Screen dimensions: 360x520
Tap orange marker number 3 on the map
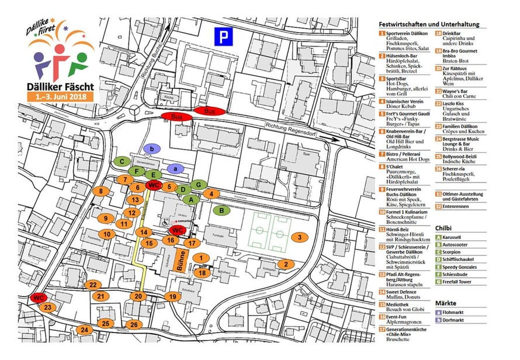[x=299, y=237]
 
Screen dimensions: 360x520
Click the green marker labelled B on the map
[x=221, y=210]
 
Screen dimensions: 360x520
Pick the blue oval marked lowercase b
[x=152, y=150]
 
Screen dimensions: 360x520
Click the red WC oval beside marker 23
[x=39, y=297]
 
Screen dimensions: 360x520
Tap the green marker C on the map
[x=122, y=161]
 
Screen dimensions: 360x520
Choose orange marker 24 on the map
[x=85, y=330]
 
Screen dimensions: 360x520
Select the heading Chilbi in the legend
[x=445, y=227]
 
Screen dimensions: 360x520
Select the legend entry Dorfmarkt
[x=457, y=320]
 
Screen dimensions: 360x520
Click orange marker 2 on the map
[x=286, y=264]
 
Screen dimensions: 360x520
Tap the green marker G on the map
[x=199, y=185]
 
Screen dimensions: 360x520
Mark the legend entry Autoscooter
[x=460, y=245]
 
